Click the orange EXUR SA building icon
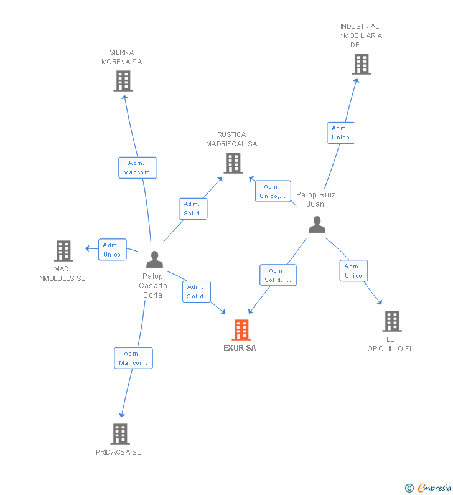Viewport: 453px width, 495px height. [241, 330]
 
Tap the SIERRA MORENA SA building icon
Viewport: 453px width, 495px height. [123, 81]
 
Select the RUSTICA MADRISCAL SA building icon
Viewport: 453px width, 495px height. [233, 163]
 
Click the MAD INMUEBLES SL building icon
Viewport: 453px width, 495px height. [63, 251]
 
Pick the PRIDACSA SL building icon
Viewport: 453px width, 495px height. [120, 434]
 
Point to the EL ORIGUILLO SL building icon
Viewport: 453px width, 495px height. [392, 321]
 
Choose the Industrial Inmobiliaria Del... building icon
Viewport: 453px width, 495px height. [362, 64]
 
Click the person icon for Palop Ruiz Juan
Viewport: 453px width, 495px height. [317, 224]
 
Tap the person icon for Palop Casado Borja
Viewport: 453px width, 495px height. [154, 259]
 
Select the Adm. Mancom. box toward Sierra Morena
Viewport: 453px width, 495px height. [138, 167]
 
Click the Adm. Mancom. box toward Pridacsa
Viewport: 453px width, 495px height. [133, 358]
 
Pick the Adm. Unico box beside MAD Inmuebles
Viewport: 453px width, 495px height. [112, 250]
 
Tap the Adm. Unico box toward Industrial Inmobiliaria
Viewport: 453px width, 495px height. [341, 133]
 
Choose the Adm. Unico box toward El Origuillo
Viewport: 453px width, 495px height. [353, 271]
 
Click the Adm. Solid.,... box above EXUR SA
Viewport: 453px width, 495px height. [278, 275]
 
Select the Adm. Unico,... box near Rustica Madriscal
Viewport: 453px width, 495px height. [273, 191]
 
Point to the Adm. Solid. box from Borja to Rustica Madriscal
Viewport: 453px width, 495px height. [193, 209]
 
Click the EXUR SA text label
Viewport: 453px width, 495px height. [240, 348]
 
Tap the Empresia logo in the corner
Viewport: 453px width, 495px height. [428, 488]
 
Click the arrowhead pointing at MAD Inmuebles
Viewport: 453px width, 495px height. [87, 248]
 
